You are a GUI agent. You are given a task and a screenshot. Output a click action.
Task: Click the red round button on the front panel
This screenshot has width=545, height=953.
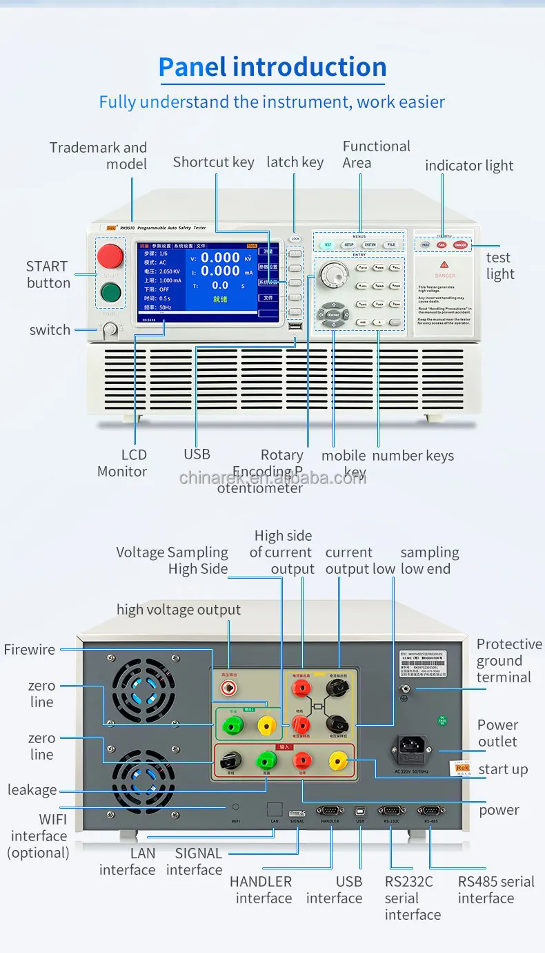click(110, 256)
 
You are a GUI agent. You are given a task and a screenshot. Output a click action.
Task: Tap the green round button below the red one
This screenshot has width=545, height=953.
click(110, 293)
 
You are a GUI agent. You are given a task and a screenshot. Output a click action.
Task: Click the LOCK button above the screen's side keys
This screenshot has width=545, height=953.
click(295, 238)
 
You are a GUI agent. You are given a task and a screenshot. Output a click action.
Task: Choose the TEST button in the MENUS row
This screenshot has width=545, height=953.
click(328, 245)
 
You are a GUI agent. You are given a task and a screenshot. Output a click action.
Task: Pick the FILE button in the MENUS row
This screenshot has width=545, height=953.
click(391, 245)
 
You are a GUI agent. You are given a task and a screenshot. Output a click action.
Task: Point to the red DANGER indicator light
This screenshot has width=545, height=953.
click(460, 245)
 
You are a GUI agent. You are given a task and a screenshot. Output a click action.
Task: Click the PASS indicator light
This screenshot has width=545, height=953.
click(426, 245)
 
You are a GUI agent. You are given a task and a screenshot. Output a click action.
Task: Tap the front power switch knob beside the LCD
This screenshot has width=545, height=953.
click(110, 331)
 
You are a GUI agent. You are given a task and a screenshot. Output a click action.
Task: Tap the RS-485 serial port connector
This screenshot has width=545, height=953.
click(431, 809)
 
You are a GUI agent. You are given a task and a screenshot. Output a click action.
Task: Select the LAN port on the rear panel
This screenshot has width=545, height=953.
click(274, 809)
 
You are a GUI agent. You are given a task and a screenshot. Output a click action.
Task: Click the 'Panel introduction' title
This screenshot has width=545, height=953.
click(272, 67)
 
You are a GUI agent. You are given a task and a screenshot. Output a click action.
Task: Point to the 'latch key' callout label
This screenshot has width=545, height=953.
click(295, 162)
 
